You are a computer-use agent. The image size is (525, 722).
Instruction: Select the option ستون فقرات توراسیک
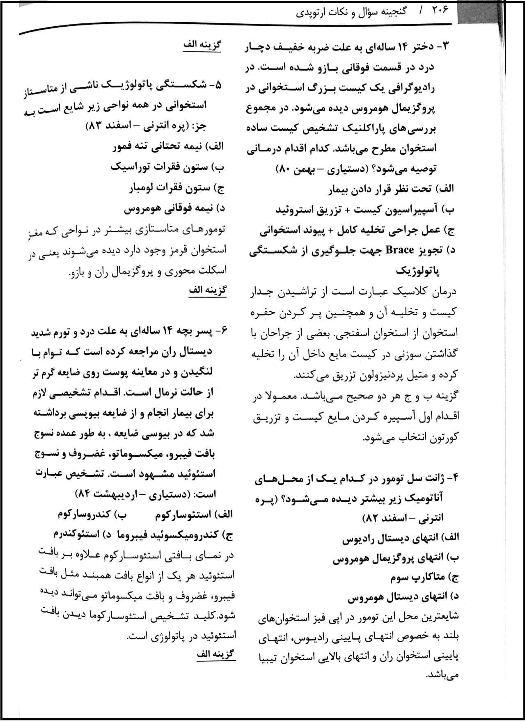pyautogui.click(x=160, y=167)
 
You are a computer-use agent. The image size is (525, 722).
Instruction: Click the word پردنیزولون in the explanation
pyautogui.click(x=370, y=375)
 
